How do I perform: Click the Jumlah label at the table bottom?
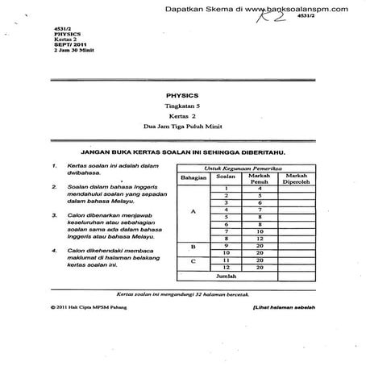(239, 276)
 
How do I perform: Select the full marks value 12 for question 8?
(260, 239)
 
